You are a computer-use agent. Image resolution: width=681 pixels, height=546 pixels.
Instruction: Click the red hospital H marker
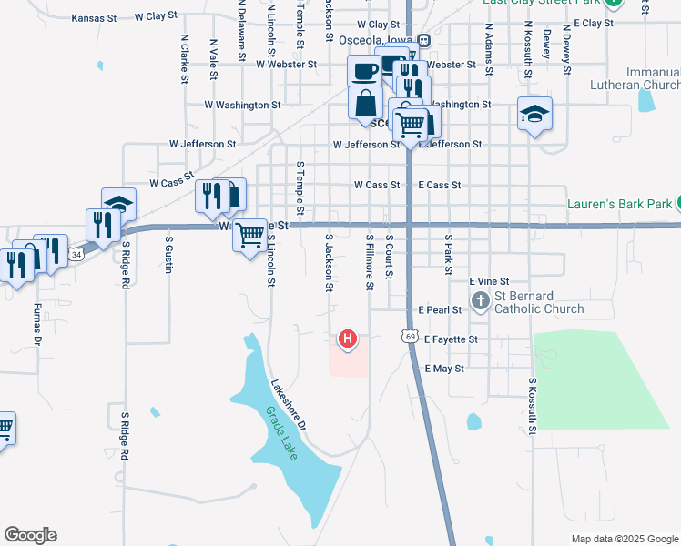pyautogui.click(x=347, y=339)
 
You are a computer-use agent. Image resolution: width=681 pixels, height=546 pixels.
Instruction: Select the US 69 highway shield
pyautogui.click(x=412, y=338)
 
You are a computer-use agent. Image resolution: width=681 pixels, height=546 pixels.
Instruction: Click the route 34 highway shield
pyautogui.click(x=77, y=256)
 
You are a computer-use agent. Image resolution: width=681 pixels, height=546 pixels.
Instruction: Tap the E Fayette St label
pyautogui.click(x=447, y=339)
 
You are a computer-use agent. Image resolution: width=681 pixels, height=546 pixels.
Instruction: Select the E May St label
pyautogui.click(x=444, y=369)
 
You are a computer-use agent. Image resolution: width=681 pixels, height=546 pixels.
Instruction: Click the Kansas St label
pyautogui.click(x=94, y=17)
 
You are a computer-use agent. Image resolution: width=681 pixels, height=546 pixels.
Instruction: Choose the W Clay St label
pyautogui.click(x=156, y=16)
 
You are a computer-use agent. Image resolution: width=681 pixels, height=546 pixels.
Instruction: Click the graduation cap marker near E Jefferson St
pyautogui.click(x=534, y=114)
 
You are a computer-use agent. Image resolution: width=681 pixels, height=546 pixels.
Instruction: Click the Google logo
pyautogui.click(x=30, y=534)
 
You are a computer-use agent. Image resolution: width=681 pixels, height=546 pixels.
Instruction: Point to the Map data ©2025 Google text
pyautogui.click(x=625, y=539)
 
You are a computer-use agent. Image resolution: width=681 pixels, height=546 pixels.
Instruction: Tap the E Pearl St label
pyautogui.click(x=442, y=309)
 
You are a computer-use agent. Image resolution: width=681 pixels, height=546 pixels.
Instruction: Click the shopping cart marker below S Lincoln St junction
pyautogui.click(x=249, y=235)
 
